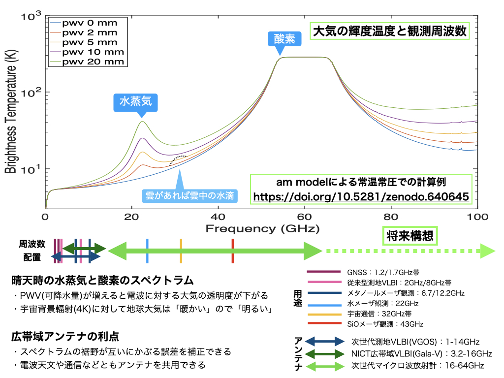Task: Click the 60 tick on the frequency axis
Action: pos(305,217)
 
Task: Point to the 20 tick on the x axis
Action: pos(131,217)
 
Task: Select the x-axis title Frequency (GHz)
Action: pos(262,228)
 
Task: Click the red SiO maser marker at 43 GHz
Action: pos(232,251)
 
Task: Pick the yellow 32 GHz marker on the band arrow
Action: pos(181,251)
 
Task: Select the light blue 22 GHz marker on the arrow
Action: pos(147,251)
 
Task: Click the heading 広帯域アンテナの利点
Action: pos(65,337)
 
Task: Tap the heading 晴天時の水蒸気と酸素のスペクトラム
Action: pos(102,281)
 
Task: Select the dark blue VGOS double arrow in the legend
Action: pos(325,341)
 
